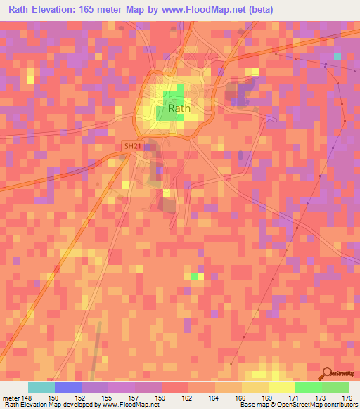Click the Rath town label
[x=179, y=108]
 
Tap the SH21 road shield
[x=131, y=146]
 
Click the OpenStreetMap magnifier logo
[x=328, y=375]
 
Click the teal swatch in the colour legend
[x=41, y=387]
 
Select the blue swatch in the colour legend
[x=68, y=387]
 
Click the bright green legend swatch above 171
[x=309, y=387]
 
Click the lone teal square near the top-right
[x=337, y=56]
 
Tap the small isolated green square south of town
[x=194, y=275]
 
